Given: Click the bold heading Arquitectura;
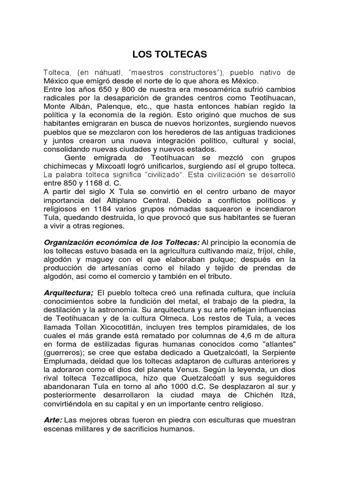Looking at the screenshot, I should [68, 293].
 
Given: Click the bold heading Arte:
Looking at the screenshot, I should [53, 420].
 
